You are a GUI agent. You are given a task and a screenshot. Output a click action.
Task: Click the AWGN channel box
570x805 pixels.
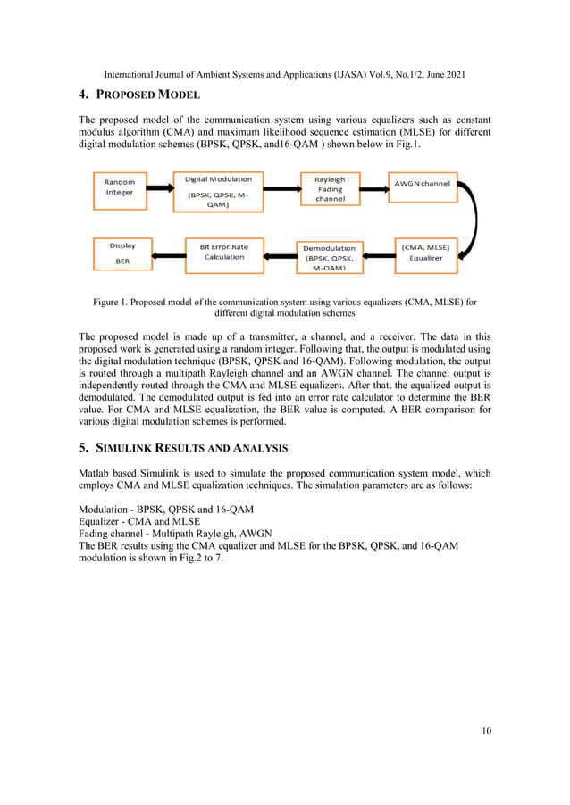coord(423,185)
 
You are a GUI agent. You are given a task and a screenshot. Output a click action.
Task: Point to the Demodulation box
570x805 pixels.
coord(329,256)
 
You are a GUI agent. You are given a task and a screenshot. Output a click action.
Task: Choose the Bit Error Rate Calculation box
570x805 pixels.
coord(224,252)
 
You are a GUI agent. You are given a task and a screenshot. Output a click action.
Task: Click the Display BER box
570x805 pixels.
coord(122,252)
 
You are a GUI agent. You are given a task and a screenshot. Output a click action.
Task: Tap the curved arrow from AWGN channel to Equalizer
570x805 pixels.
coord(473,220)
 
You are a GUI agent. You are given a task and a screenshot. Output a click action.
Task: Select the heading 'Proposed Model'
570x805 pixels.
coord(151,95)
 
